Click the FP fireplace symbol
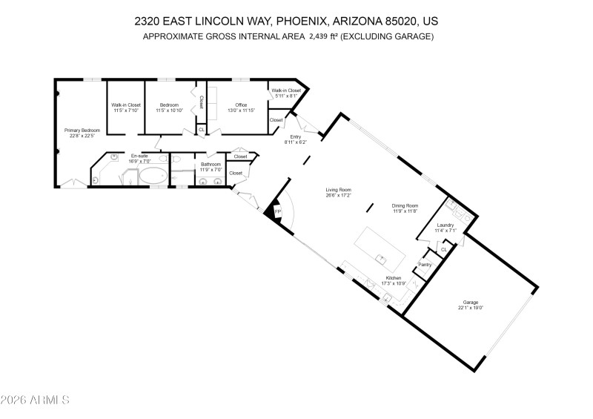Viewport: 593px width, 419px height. point(277,211)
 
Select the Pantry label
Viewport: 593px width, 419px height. point(425,264)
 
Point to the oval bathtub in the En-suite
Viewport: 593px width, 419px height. point(153,176)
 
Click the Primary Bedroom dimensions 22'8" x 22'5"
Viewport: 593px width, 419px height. point(82,136)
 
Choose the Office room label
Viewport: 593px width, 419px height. point(241,105)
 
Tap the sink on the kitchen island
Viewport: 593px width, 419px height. point(382,258)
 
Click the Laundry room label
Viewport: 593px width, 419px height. point(445,225)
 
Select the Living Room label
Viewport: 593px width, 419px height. point(338,190)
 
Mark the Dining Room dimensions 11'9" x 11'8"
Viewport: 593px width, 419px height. point(405,211)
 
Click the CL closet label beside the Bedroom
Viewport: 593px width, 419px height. point(201,129)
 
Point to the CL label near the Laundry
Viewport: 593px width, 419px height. point(443,249)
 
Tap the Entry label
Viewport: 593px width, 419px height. point(295,136)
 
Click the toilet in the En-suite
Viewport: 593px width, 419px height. point(97,179)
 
